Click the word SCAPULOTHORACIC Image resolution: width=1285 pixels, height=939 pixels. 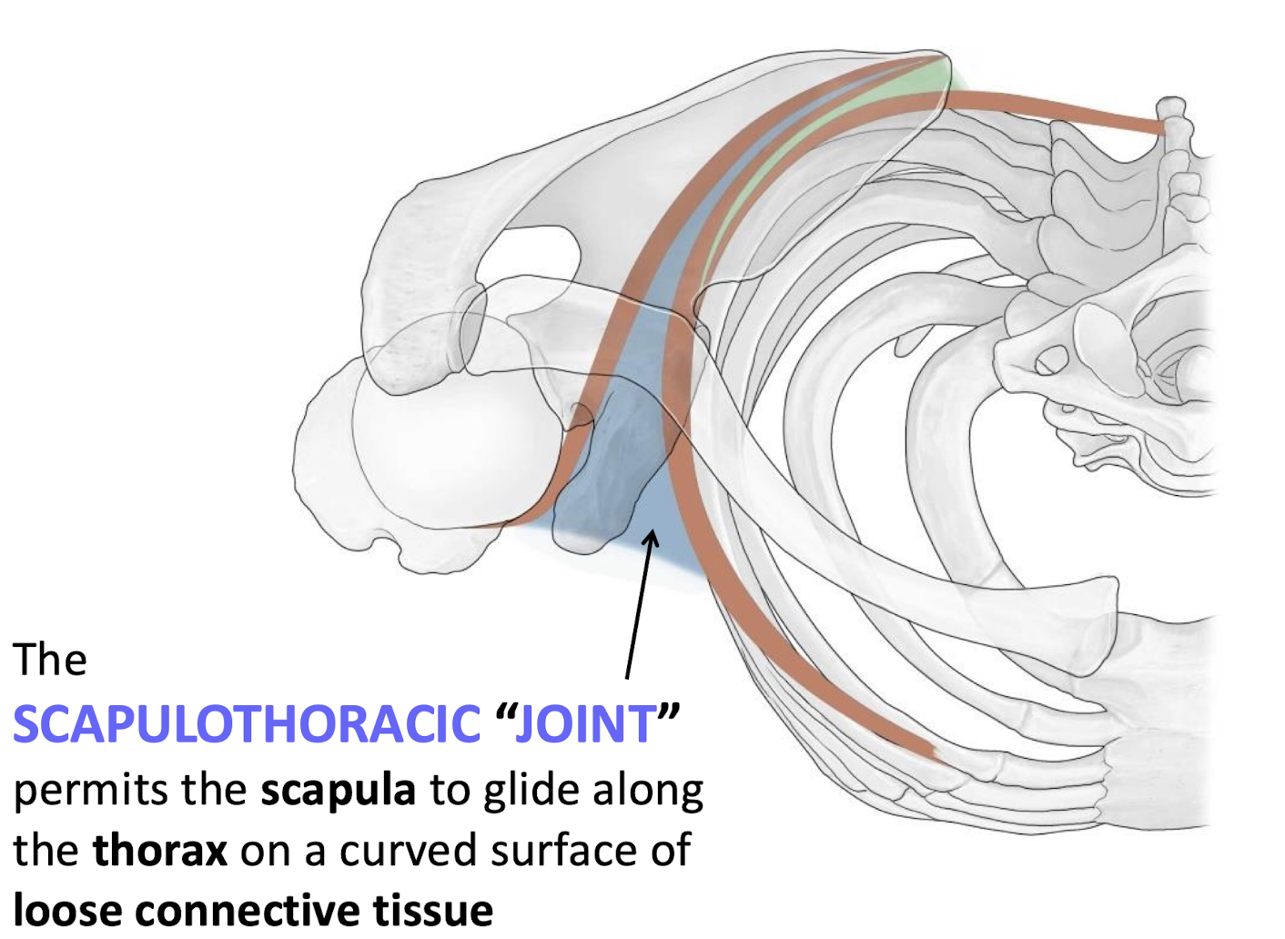246,724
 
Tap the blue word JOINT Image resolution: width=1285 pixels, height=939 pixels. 584,724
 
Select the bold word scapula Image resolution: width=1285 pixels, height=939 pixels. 338,790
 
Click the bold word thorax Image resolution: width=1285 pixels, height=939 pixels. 159,851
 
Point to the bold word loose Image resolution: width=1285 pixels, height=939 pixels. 69,910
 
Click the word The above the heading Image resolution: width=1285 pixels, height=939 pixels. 50,659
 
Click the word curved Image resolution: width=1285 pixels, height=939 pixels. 408,851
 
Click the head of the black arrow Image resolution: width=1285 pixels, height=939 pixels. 650,539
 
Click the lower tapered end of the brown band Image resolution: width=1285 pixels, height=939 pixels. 928,752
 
